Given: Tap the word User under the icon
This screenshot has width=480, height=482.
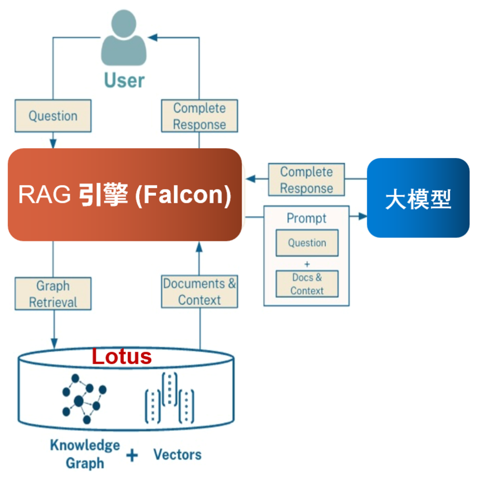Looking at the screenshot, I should pyautogui.click(x=124, y=80).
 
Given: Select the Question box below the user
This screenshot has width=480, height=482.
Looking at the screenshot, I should pyautogui.click(x=53, y=116).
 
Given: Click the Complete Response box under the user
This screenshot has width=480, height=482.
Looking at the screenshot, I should pyautogui.click(x=199, y=116).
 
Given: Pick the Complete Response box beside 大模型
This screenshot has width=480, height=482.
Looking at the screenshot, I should pyautogui.click(x=306, y=180).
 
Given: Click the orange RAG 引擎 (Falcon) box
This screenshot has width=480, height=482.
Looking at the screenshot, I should pyautogui.click(x=125, y=195).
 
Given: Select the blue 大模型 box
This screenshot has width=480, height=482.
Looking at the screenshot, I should pyautogui.click(x=418, y=198).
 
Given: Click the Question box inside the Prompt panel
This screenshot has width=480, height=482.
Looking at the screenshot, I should pyautogui.click(x=307, y=243).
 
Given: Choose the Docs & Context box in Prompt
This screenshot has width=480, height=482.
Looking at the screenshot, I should pyautogui.click(x=307, y=284).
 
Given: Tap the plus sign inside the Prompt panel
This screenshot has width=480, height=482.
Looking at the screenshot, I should pyautogui.click(x=307, y=264).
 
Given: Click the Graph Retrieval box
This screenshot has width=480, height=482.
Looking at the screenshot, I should pyautogui.click(x=53, y=294).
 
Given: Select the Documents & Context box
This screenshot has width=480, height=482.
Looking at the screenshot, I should pyautogui.click(x=199, y=292).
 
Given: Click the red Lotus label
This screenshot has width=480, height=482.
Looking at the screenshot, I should pyautogui.click(x=122, y=357).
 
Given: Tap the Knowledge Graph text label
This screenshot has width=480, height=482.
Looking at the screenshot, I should pyautogui.click(x=84, y=454).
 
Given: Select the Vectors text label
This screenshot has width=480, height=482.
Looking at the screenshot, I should pyautogui.click(x=177, y=454).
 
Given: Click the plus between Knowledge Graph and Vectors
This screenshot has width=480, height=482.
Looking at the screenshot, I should pyautogui.click(x=132, y=455).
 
